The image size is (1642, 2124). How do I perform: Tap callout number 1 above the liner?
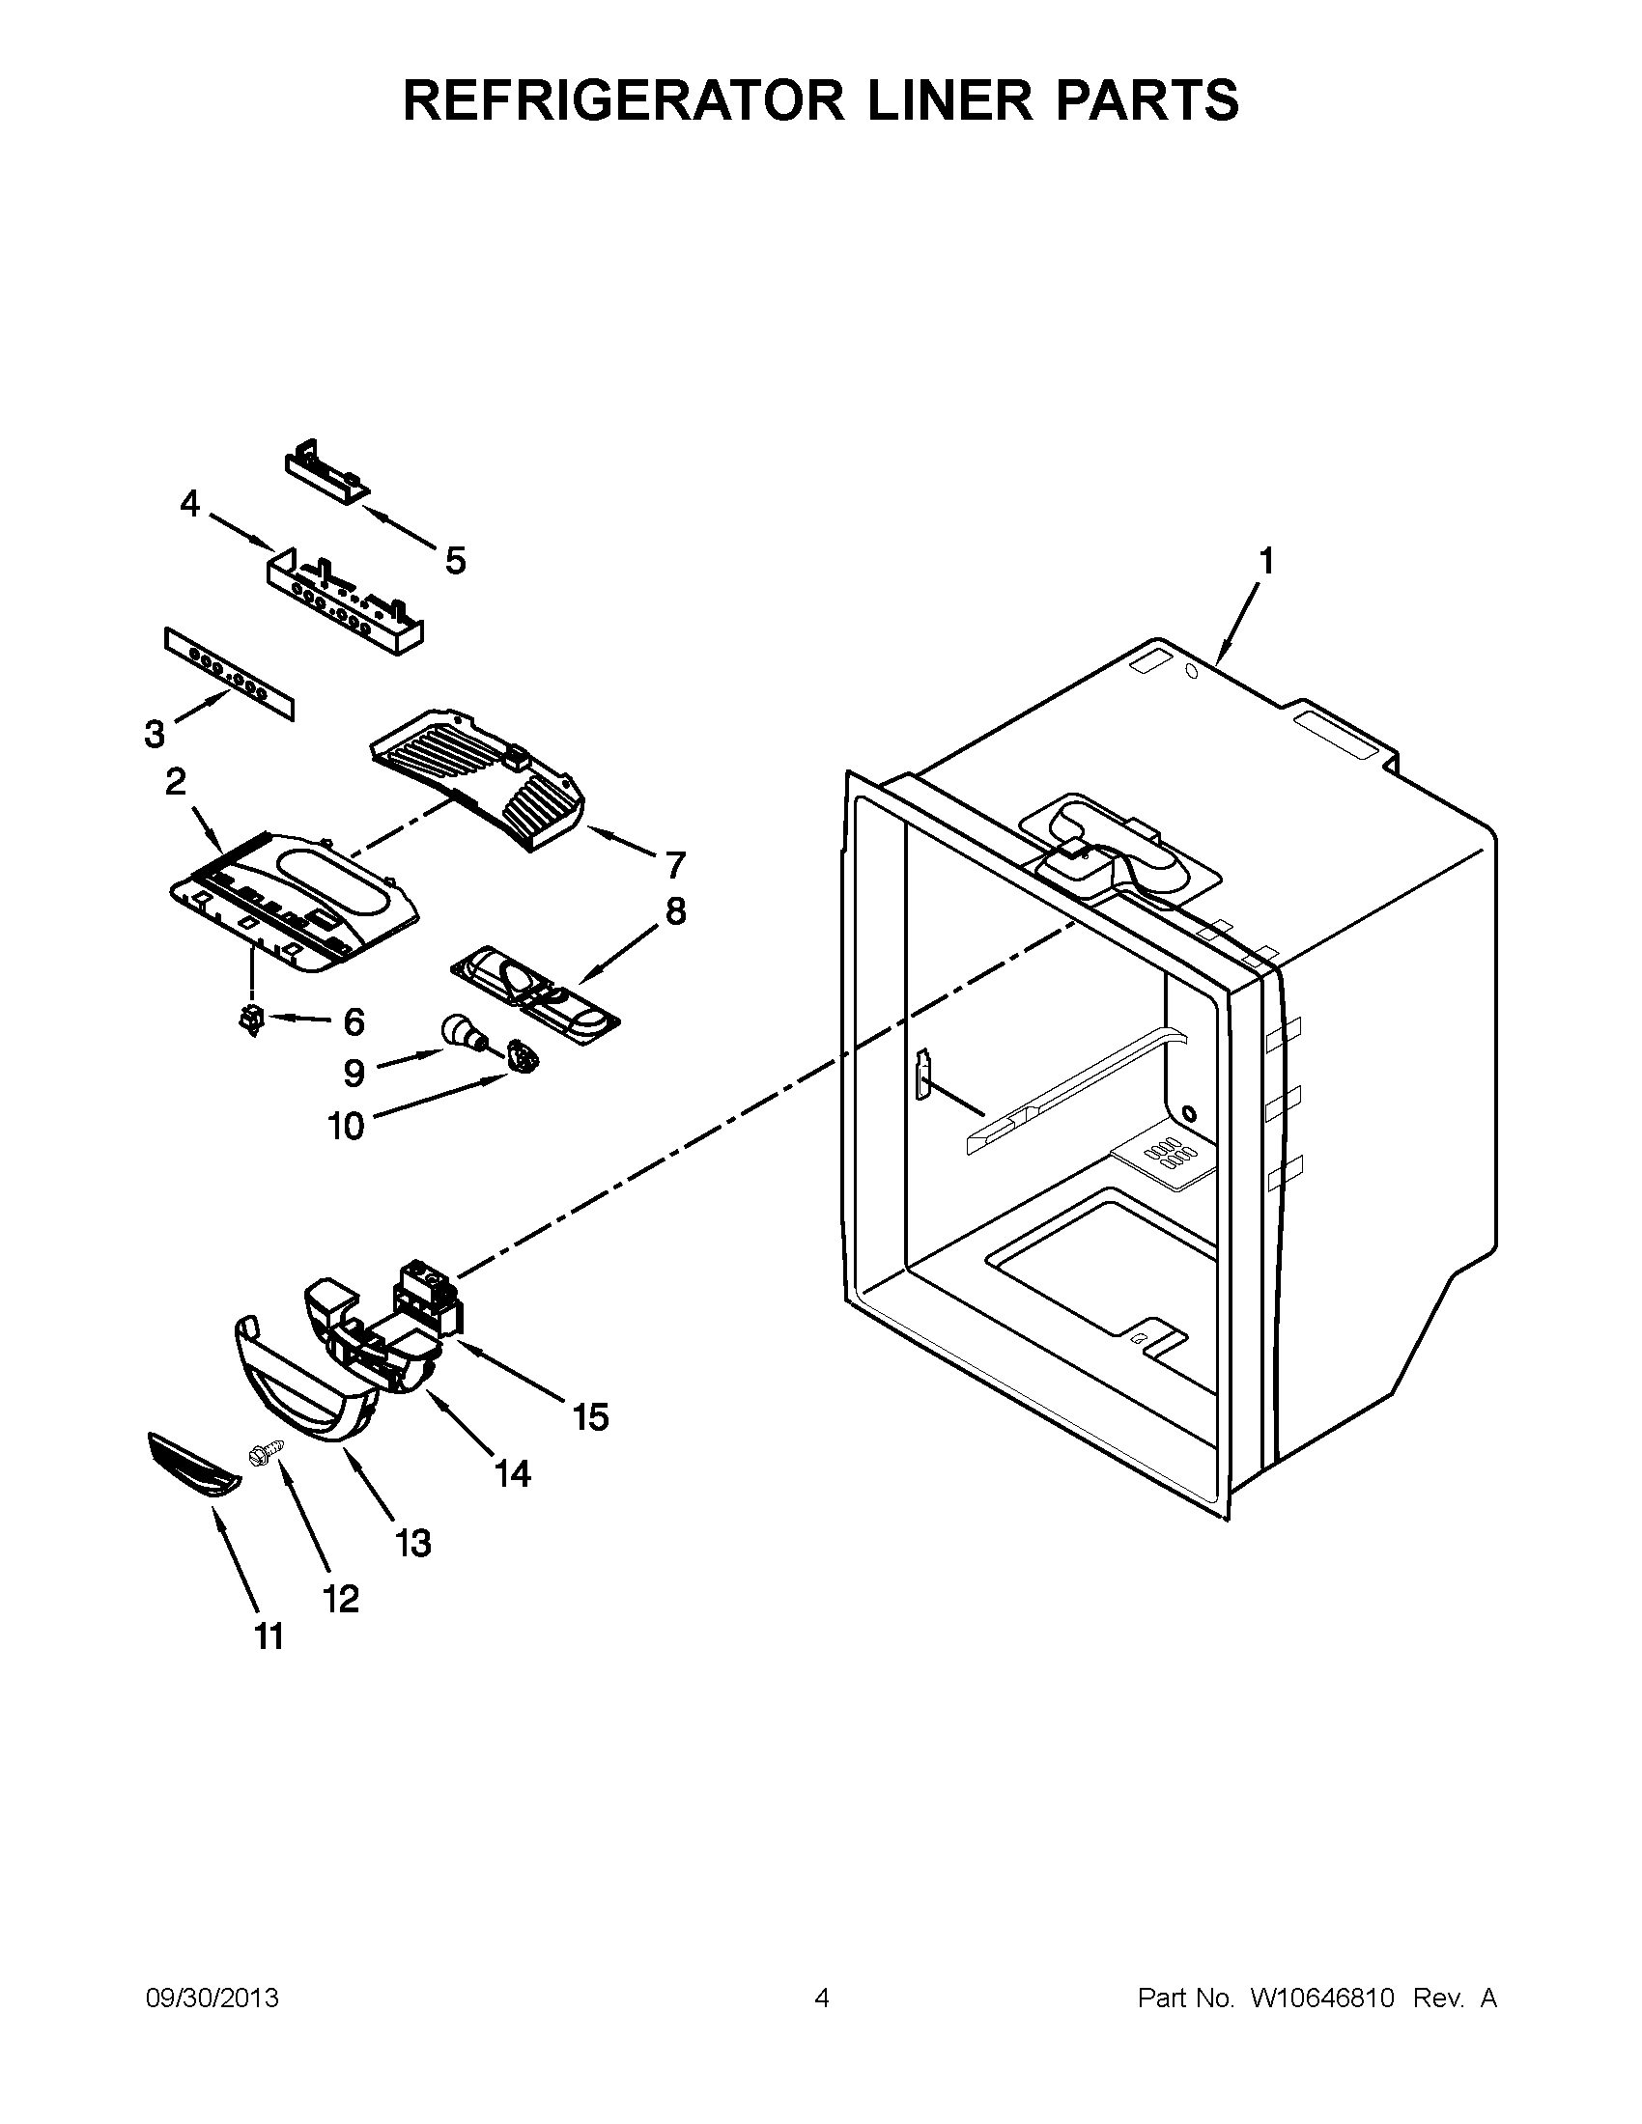pyautogui.click(x=1265, y=561)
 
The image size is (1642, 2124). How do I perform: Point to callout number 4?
pyautogui.click(x=189, y=504)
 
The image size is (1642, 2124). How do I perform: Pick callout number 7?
pyautogui.click(x=675, y=864)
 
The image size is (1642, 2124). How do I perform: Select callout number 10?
pyautogui.click(x=346, y=1126)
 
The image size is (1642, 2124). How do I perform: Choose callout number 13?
pyautogui.click(x=412, y=1543)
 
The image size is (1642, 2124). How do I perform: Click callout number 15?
pyautogui.click(x=590, y=1417)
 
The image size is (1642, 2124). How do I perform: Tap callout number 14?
pyautogui.click(x=513, y=1474)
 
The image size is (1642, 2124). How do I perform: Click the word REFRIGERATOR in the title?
pyautogui.click(x=623, y=100)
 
